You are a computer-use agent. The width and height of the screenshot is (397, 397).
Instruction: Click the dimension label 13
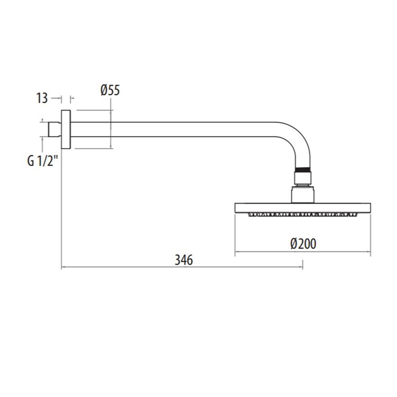click(42, 98)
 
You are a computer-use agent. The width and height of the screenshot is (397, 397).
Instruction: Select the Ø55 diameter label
click(110, 90)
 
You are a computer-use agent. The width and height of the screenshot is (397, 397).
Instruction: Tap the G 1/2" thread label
click(43, 161)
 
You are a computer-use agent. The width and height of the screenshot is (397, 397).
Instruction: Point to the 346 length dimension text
click(184, 260)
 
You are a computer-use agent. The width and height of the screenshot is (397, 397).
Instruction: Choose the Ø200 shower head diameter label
click(303, 244)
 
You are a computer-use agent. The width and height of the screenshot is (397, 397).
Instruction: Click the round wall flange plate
click(66, 129)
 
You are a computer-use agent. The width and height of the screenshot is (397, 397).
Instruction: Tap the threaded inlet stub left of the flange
click(54, 129)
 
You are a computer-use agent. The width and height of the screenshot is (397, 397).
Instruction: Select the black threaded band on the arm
click(303, 170)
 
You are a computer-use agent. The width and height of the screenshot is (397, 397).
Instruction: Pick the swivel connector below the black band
click(303, 179)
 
